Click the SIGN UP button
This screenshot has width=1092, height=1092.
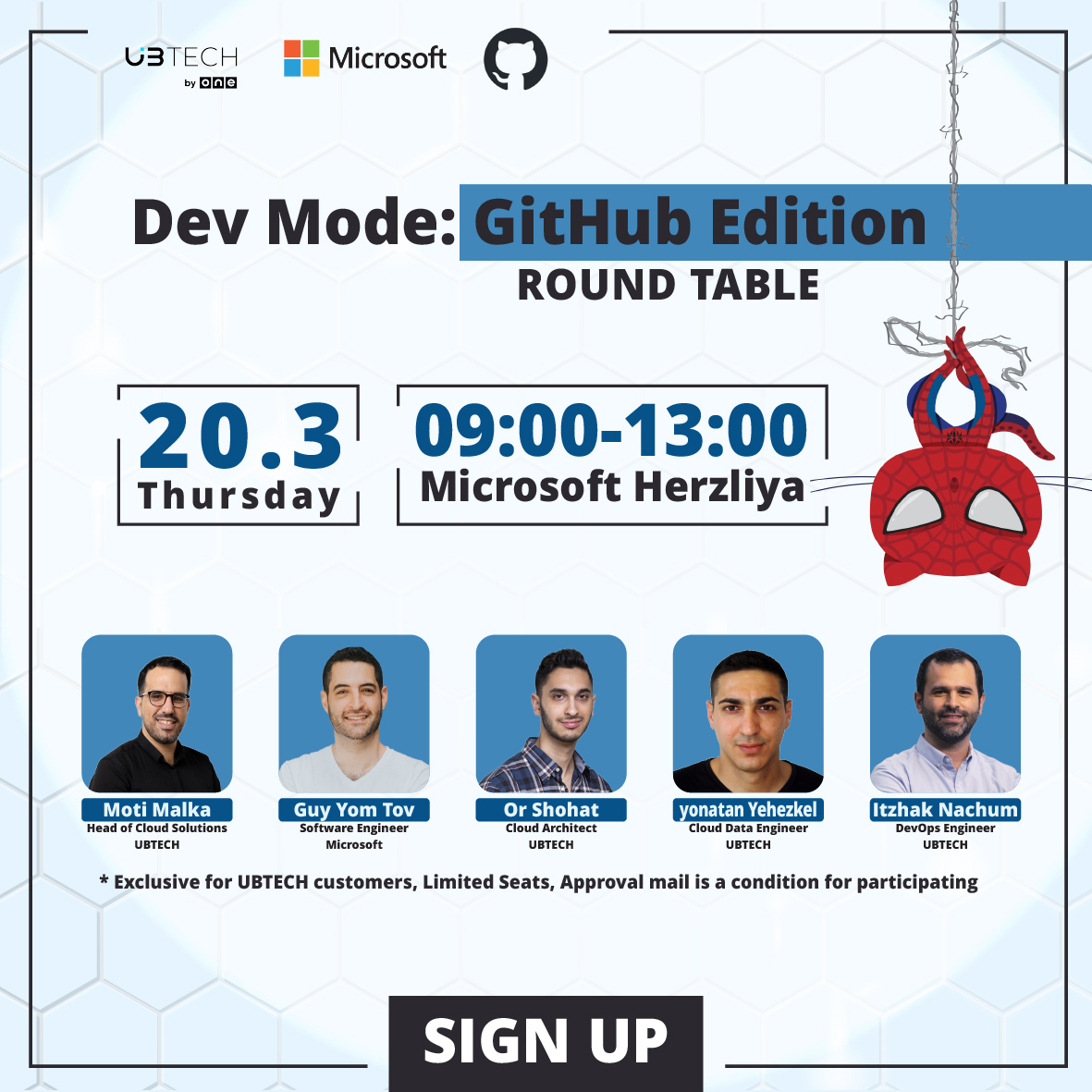click(x=546, y=1042)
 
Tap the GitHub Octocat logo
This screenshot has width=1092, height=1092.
click(x=516, y=59)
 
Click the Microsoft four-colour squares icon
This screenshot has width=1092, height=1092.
click(x=301, y=58)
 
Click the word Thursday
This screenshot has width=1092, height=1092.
click(x=239, y=497)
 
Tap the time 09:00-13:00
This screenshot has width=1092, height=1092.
click(x=611, y=430)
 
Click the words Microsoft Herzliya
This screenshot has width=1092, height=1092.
click(x=612, y=487)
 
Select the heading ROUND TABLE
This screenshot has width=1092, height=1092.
click(x=668, y=285)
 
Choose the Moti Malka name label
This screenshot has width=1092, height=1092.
click(x=157, y=810)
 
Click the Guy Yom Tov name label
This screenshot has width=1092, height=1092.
click(x=354, y=810)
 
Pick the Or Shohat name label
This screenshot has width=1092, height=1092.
click(x=551, y=810)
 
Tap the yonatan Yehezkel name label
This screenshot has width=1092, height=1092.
click(x=748, y=810)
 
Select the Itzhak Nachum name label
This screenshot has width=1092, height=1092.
click(x=945, y=810)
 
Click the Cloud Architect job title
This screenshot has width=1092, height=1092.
click(x=551, y=828)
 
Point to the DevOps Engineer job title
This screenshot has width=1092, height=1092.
click(x=945, y=828)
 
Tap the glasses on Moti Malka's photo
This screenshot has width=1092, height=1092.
click(x=165, y=698)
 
